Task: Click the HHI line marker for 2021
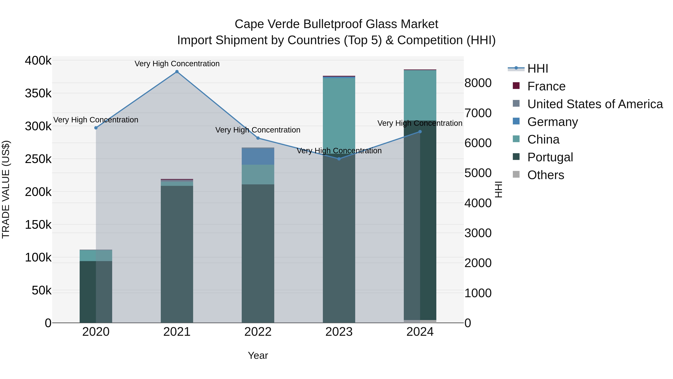tap(177, 72)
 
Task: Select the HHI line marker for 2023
tap(339, 159)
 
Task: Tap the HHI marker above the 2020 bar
tap(96, 128)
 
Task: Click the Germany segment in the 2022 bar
tap(258, 156)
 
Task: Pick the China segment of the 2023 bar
tap(339, 112)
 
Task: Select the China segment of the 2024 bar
tap(420, 95)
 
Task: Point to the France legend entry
tap(546, 86)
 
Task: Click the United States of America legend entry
tap(595, 104)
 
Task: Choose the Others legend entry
tap(546, 175)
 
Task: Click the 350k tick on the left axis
tap(38, 93)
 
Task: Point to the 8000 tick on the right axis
tap(478, 83)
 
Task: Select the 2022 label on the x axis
tap(258, 332)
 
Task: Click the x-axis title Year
tap(258, 355)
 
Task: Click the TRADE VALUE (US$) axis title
tap(6, 189)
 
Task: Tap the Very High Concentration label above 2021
tap(177, 64)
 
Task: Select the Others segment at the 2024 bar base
tap(420, 322)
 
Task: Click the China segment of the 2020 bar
tap(96, 255)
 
